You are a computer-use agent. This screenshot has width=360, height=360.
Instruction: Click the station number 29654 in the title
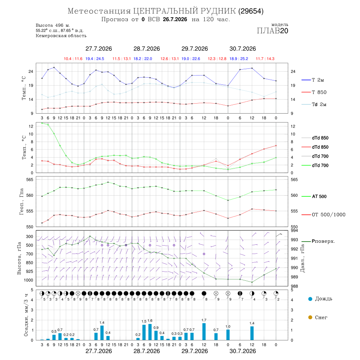click(251, 11)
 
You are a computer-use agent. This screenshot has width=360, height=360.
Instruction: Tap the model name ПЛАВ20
click(272, 31)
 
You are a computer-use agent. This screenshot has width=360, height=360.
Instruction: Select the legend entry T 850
click(319, 92)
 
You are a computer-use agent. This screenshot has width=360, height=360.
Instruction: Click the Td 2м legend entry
click(319, 104)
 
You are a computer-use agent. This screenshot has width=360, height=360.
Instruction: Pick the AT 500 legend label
click(319, 196)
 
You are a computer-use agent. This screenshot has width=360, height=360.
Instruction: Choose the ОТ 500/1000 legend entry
click(328, 214)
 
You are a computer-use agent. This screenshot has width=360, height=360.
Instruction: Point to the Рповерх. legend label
click(323, 241)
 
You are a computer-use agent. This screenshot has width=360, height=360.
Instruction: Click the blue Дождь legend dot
click(310, 299)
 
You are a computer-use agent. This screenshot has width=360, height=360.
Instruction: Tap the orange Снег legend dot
click(310, 317)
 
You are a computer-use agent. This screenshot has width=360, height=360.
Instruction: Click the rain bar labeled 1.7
click(204, 332)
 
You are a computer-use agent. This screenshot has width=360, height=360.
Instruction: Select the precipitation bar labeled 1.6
click(150, 332)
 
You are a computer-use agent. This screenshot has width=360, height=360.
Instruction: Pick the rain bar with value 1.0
click(228, 335)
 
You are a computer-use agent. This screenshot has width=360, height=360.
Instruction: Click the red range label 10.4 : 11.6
click(73, 59)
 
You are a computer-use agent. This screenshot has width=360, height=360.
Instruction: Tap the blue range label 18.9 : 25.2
click(239, 59)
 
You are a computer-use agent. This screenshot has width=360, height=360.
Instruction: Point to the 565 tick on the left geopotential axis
click(30, 180)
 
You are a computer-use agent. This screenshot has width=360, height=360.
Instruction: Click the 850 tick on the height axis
click(29, 263)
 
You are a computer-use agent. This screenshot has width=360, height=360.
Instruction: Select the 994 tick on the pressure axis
click(294, 230)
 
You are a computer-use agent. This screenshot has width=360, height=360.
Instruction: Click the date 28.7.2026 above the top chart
click(147, 49)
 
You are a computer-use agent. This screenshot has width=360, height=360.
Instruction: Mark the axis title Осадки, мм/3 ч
click(26, 315)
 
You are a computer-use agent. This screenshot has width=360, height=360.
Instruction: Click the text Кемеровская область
click(61, 36)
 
